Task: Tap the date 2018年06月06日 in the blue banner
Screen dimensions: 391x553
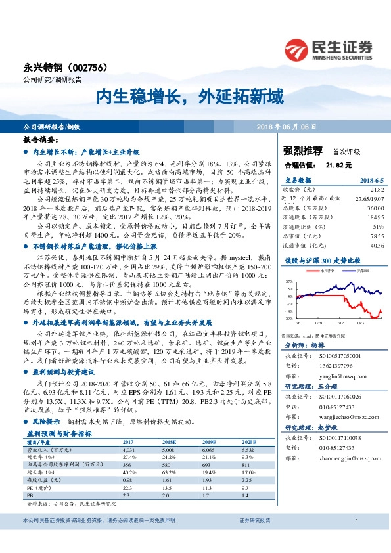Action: click(287, 125)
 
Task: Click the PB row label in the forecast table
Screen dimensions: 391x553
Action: click(30, 494)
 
